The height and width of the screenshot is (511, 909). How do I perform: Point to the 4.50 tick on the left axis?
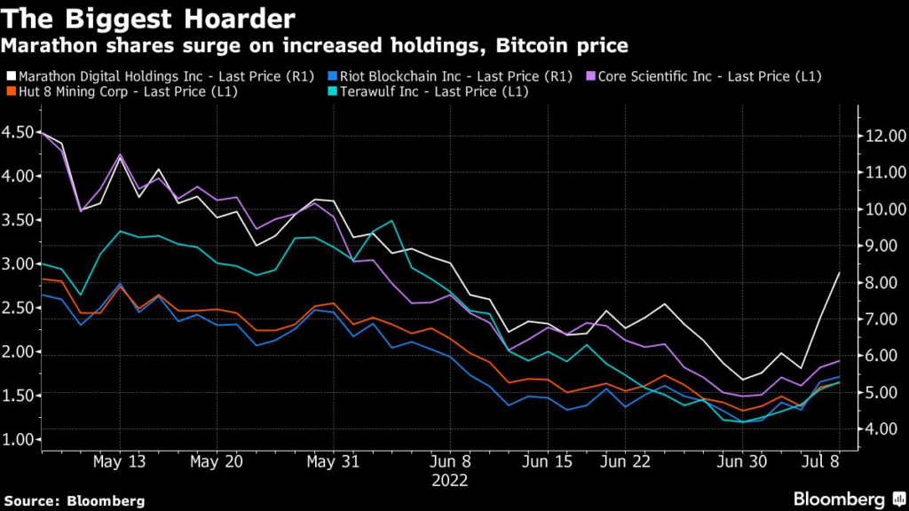pyautogui.click(x=20, y=132)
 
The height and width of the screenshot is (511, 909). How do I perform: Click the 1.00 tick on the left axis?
pyautogui.click(x=20, y=439)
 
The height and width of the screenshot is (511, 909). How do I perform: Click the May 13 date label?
pyautogui.click(x=119, y=462)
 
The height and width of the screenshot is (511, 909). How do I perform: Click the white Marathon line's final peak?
pyautogui.click(x=839, y=273)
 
